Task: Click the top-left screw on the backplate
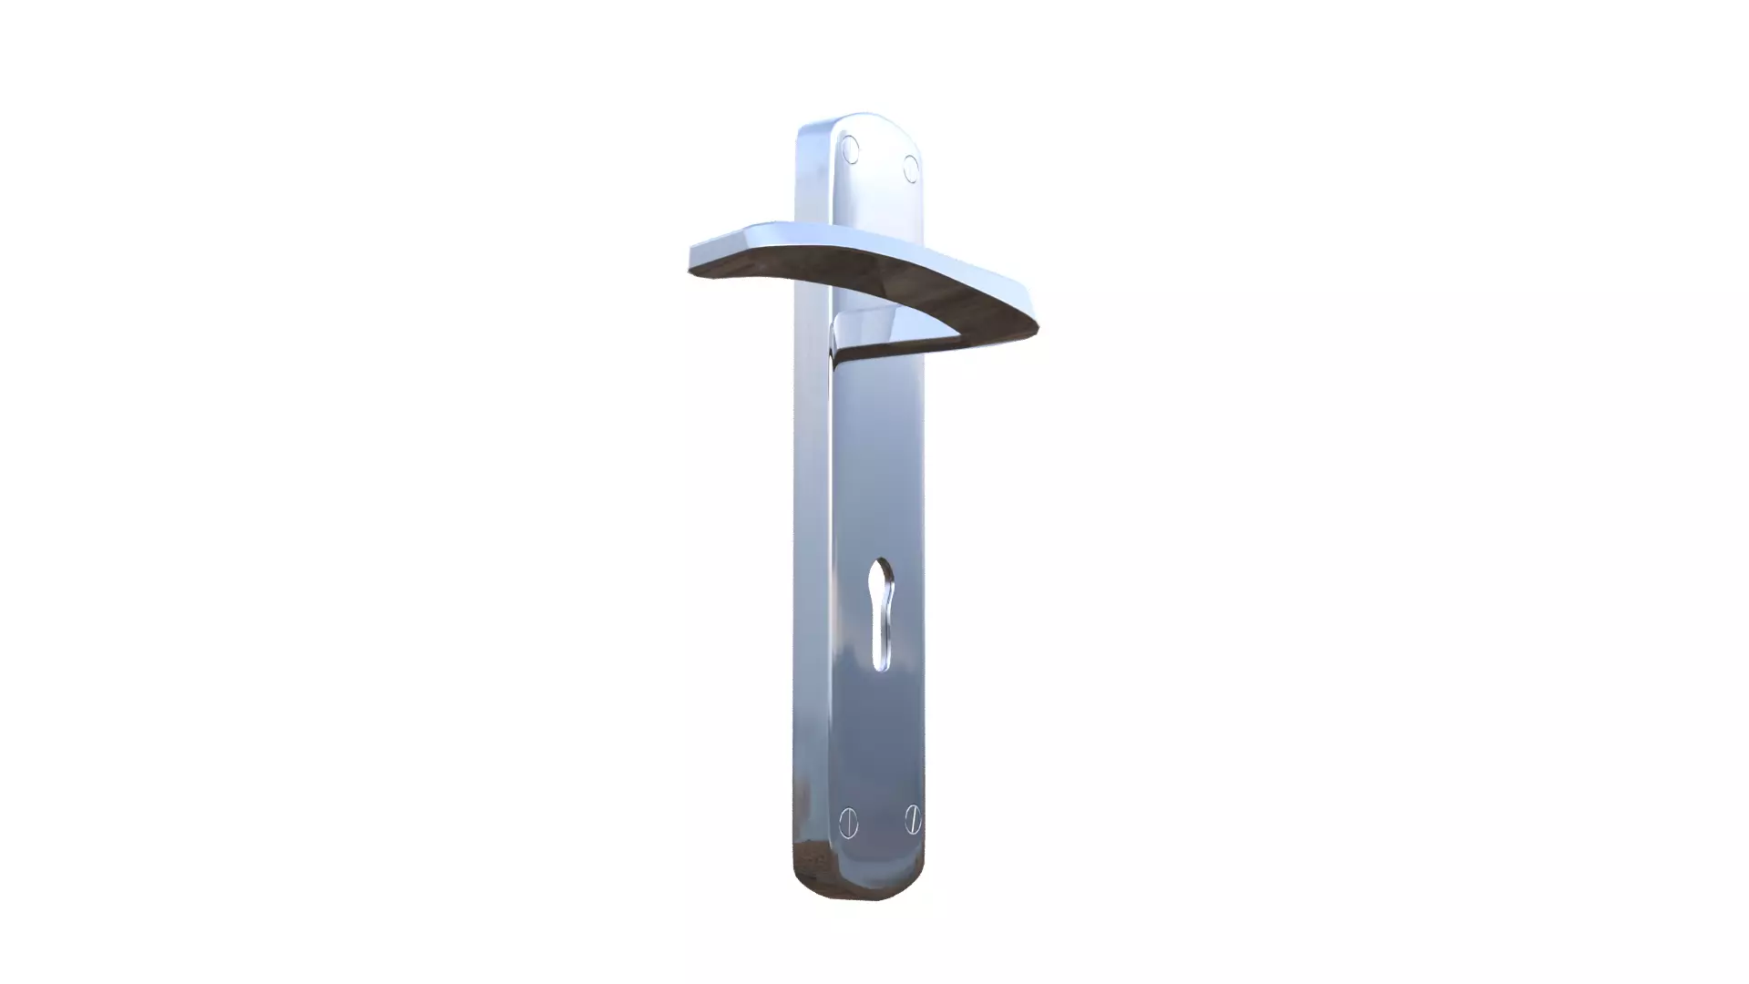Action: (x=850, y=149)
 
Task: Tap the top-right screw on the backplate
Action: (x=911, y=169)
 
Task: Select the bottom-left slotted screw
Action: (x=848, y=823)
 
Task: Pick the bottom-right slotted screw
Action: (x=913, y=819)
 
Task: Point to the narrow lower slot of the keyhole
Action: (x=880, y=642)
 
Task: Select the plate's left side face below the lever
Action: (x=811, y=547)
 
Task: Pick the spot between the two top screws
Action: (x=881, y=159)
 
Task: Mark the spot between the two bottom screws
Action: (x=881, y=821)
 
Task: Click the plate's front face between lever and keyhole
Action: (x=880, y=456)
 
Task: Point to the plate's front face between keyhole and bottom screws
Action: (x=880, y=738)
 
